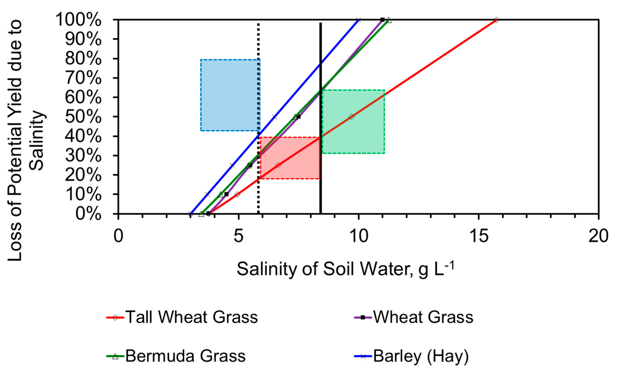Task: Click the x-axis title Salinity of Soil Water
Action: click(346, 269)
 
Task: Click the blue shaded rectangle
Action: click(230, 95)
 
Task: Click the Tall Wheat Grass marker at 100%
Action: click(497, 20)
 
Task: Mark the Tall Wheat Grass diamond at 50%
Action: click(352, 117)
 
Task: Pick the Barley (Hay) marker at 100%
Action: click(359, 20)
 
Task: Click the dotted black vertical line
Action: click(258, 75)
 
